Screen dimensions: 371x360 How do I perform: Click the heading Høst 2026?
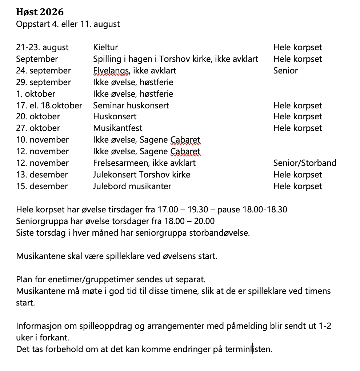[x=40, y=12]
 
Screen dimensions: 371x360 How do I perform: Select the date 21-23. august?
[x=42, y=47]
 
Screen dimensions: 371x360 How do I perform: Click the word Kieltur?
[x=105, y=47]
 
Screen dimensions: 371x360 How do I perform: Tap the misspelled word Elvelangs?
[x=110, y=71]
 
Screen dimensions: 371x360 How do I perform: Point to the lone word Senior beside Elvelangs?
[x=285, y=71]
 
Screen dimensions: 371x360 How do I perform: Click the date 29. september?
[x=43, y=82]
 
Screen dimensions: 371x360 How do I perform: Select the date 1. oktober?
[x=36, y=94]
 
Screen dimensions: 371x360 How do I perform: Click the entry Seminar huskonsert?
[x=131, y=105]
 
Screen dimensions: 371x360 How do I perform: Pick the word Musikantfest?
[x=118, y=128]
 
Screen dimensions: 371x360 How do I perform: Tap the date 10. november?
[x=42, y=140]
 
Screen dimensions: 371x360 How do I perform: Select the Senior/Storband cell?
[x=305, y=163]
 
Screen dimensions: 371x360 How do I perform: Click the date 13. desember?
[x=42, y=175]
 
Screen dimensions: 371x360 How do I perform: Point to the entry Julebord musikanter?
[x=132, y=186]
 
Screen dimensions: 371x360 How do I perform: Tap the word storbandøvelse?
[x=220, y=233]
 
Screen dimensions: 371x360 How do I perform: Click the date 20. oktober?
[x=38, y=116]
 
